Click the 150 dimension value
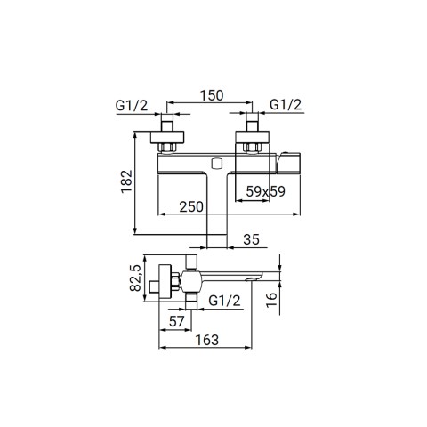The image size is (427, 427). click(212, 95)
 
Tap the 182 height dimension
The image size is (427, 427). click(126, 181)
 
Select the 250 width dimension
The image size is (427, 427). click(191, 206)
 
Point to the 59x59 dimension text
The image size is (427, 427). click(265, 191)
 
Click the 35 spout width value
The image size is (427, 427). click(251, 239)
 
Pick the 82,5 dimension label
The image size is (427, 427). click(135, 278)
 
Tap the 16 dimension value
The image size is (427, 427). click(271, 300)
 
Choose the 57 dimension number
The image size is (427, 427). click(177, 321)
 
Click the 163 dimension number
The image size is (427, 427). click(207, 340)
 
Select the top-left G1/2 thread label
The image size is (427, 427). click(132, 105)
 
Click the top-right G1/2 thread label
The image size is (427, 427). click(286, 105)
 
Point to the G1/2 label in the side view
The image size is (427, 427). click(224, 301)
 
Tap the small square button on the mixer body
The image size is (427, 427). click(217, 164)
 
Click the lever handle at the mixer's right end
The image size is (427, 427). click(288, 163)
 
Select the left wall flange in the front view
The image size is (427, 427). click(167, 137)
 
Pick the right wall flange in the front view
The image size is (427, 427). click(253, 137)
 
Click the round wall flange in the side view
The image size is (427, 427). click(165, 282)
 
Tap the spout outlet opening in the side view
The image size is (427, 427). click(253, 278)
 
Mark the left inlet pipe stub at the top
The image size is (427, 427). click(167, 122)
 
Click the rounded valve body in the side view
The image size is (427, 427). click(191, 281)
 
